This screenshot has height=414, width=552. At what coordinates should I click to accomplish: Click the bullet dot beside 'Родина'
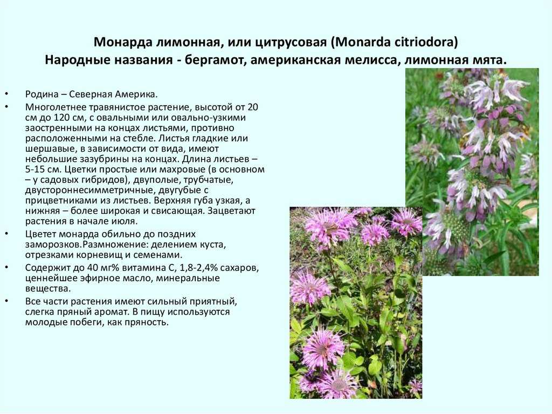click(x=6, y=94)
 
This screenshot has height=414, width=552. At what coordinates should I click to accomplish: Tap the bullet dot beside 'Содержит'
click(x=6, y=268)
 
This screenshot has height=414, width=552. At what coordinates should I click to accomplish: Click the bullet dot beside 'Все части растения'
click(x=6, y=302)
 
